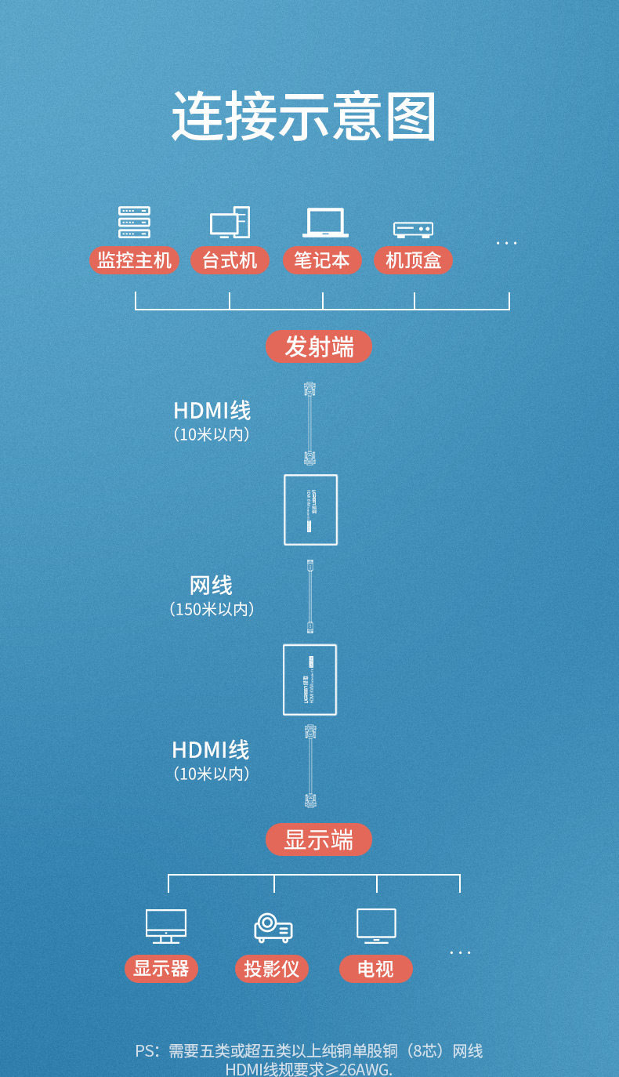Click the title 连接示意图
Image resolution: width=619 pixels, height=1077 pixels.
pyautogui.click(x=304, y=117)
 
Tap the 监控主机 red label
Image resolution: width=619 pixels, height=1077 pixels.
pyautogui.click(x=134, y=260)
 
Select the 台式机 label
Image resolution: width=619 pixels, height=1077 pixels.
pyautogui.click(x=230, y=260)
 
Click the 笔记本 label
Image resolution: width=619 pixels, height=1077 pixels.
pyautogui.click(x=322, y=260)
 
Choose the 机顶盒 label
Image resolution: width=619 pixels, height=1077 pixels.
pyautogui.click(x=413, y=260)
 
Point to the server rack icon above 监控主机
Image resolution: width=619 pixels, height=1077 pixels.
pyautogui.click(x=134, y=223)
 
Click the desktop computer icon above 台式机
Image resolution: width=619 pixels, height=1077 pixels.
pyautogui.click(x=230, y=223)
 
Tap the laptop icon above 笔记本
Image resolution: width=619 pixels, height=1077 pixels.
pyautogui.click(x=325, y=223)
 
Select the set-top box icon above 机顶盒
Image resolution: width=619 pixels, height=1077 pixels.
pyautogui.click(x=413, y=229)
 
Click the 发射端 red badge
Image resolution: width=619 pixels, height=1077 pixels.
pyautogui.click(x=319, y=346)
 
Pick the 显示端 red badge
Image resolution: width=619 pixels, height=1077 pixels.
pyautogui.click(x=319, y=839)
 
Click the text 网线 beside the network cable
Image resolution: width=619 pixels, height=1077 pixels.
pyautogui.click(x=211, y=585)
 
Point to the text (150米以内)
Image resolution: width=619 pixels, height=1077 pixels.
pyautogui.click(x=212, y=609)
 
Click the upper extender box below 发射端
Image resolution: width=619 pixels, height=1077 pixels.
pyautogui.click(x=311, y=509)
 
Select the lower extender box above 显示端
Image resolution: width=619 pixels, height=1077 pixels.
pyautogui.click(x=310, y=680)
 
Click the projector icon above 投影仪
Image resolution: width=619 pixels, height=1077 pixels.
pyautogui.click(x=273, y=928)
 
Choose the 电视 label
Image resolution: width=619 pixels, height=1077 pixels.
pyautogui.click(x=375, y=969)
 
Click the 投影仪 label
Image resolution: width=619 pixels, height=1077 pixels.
pyautogui.click(x=271, y=969)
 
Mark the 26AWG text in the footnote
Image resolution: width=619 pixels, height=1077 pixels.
pyautogui.click(x=364, y=1069)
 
